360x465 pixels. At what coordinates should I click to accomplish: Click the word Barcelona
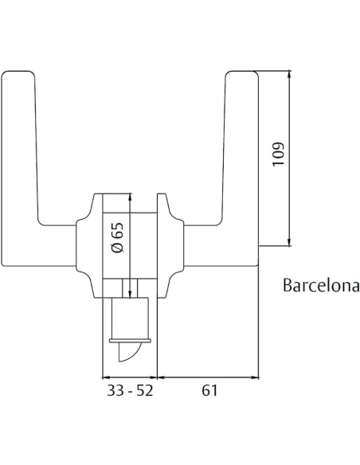320,286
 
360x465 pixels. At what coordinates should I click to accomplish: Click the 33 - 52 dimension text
129,391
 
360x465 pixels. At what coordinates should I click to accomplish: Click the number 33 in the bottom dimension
113,391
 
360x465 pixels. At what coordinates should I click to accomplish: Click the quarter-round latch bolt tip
127,351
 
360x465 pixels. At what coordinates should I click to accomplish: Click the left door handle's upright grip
18,159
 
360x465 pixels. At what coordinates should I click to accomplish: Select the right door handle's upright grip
241,159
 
